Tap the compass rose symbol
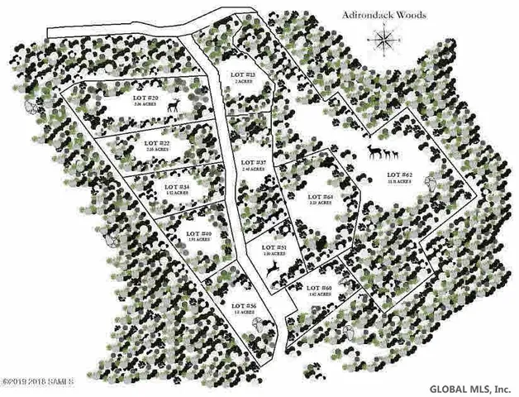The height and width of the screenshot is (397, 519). (x=384, y=38)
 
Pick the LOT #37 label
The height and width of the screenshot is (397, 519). (x=253, y=161)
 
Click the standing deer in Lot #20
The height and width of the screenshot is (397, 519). (x=174, y=105)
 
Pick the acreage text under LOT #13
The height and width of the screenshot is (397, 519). (x=241, y=83)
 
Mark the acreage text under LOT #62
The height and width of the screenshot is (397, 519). (x=401, y=183)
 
